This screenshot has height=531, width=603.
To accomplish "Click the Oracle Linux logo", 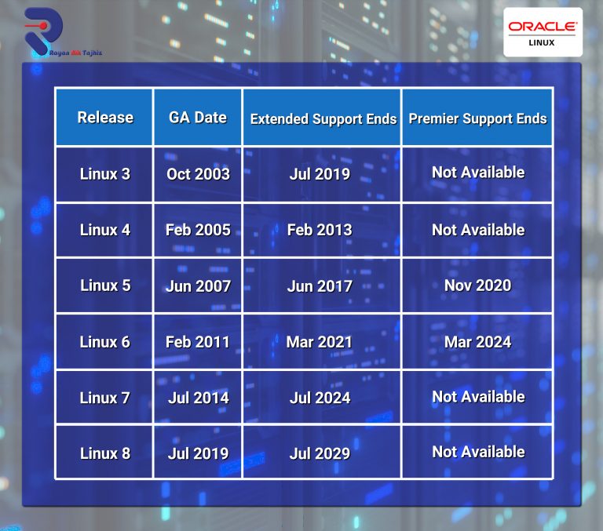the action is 543,32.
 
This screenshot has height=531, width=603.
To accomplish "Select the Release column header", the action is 105,117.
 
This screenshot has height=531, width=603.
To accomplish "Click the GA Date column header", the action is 198,117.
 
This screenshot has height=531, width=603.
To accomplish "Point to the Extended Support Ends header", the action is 323,119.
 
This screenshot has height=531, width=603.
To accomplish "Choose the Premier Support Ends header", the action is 477,118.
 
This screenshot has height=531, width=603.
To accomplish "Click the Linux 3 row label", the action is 105,174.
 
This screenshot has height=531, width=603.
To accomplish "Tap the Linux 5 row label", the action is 105,286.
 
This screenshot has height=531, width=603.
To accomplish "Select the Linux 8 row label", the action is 105,453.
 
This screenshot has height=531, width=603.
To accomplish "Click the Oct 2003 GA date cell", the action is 198,174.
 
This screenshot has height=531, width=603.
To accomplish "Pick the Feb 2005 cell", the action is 198,230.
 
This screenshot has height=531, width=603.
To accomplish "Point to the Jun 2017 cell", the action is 320,286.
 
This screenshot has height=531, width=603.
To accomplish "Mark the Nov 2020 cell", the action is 477,286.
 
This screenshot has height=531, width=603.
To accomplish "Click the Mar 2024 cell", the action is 477,342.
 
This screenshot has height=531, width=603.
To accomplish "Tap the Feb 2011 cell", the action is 198,342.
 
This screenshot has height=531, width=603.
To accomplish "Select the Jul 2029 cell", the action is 320,453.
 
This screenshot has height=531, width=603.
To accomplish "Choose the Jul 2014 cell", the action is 199,398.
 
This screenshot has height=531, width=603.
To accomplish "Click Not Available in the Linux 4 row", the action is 478,230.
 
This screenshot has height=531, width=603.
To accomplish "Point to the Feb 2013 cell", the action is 320,230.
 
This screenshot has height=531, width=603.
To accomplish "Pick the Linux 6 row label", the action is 105,342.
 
